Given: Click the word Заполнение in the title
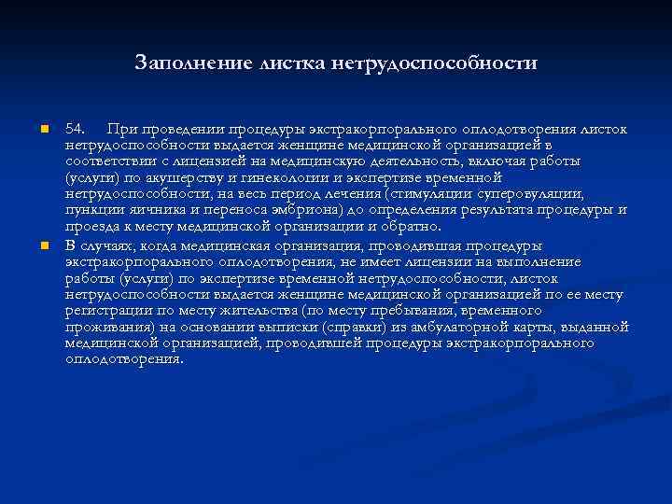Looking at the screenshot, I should [185, 63].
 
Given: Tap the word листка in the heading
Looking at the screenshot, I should [281, 63].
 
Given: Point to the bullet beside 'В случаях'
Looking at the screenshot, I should [43, 245].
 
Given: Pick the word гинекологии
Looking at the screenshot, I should [267, 177].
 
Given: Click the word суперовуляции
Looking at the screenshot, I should [538, 193].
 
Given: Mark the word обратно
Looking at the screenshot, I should [412, 226].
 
